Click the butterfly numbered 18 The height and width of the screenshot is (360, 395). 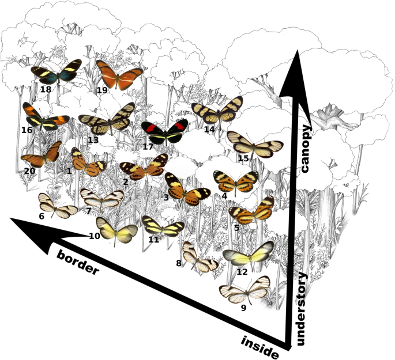[x=57, y=73]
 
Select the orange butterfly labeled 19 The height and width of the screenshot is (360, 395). [x=119, y=74]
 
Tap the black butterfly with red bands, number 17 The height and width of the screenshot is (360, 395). [x=165, y=132]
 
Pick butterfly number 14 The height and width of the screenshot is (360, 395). [x=216, y=111]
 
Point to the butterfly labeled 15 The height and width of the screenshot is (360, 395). [x=254, y=144]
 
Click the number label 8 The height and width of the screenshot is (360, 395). [x=179, y=263]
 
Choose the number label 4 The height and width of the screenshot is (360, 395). [x=224, y=196]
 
